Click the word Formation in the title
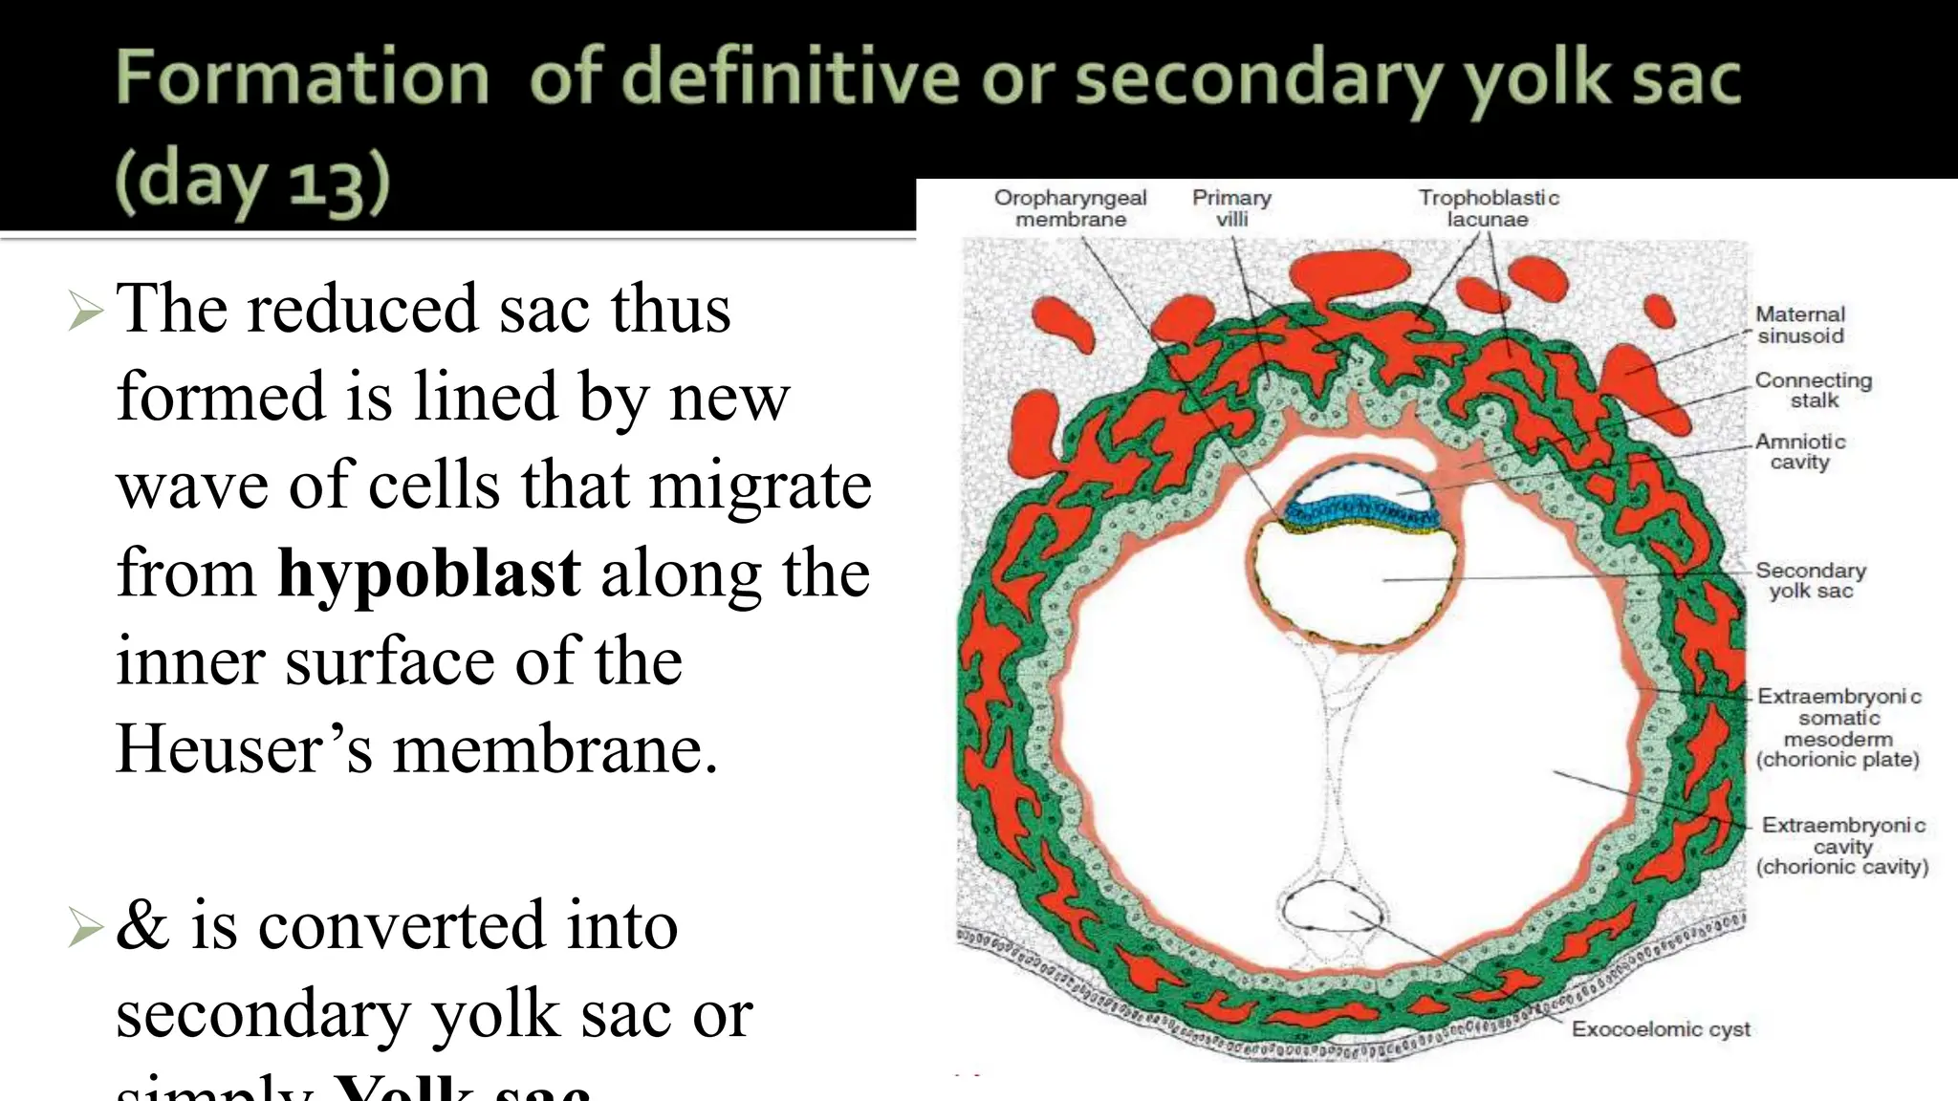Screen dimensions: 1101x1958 (x=302, y=77)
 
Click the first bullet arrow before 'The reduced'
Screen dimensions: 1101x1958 (x=86, y=312)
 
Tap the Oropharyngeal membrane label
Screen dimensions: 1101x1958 (x=1070, y=208)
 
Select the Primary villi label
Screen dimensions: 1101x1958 (x=1231, y=208)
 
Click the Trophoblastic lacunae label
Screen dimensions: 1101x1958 (x=1488, y=208)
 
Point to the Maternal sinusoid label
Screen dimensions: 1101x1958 (x=1800, y=325)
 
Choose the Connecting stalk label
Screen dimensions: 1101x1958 (x=1813, y=390)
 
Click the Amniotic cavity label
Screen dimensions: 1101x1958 (x=1799, y=451)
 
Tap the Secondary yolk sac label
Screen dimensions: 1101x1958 (x=1810, y=580)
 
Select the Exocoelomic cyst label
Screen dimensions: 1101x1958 (x=1661, y=1029)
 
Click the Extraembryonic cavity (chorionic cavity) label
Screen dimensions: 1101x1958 (x=1842, y=846)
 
